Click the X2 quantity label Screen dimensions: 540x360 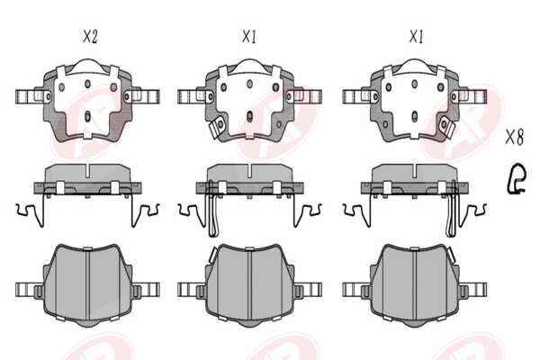click(x=90, y=37)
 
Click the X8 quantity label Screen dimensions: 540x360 click(x=515, y=137)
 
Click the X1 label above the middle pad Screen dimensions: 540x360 click(x=249, y=36)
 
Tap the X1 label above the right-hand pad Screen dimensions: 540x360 click(x=417, y=36)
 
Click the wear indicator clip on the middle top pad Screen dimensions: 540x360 click(x=217, y=126)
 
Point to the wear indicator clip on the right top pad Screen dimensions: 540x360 click(x=447, y=126)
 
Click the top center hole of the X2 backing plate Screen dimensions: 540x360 click(x=87, y=84)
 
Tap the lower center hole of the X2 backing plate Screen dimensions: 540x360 click(x=87, y=116)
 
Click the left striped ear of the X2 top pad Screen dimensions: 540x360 click(x=30, y=96)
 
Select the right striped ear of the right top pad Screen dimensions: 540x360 click(x=472, y=96)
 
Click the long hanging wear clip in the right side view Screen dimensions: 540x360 click(x=452, y=210)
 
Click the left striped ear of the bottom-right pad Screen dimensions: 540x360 click(x=356, y=290)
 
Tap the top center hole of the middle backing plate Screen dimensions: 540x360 click(x=249, y=84)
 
